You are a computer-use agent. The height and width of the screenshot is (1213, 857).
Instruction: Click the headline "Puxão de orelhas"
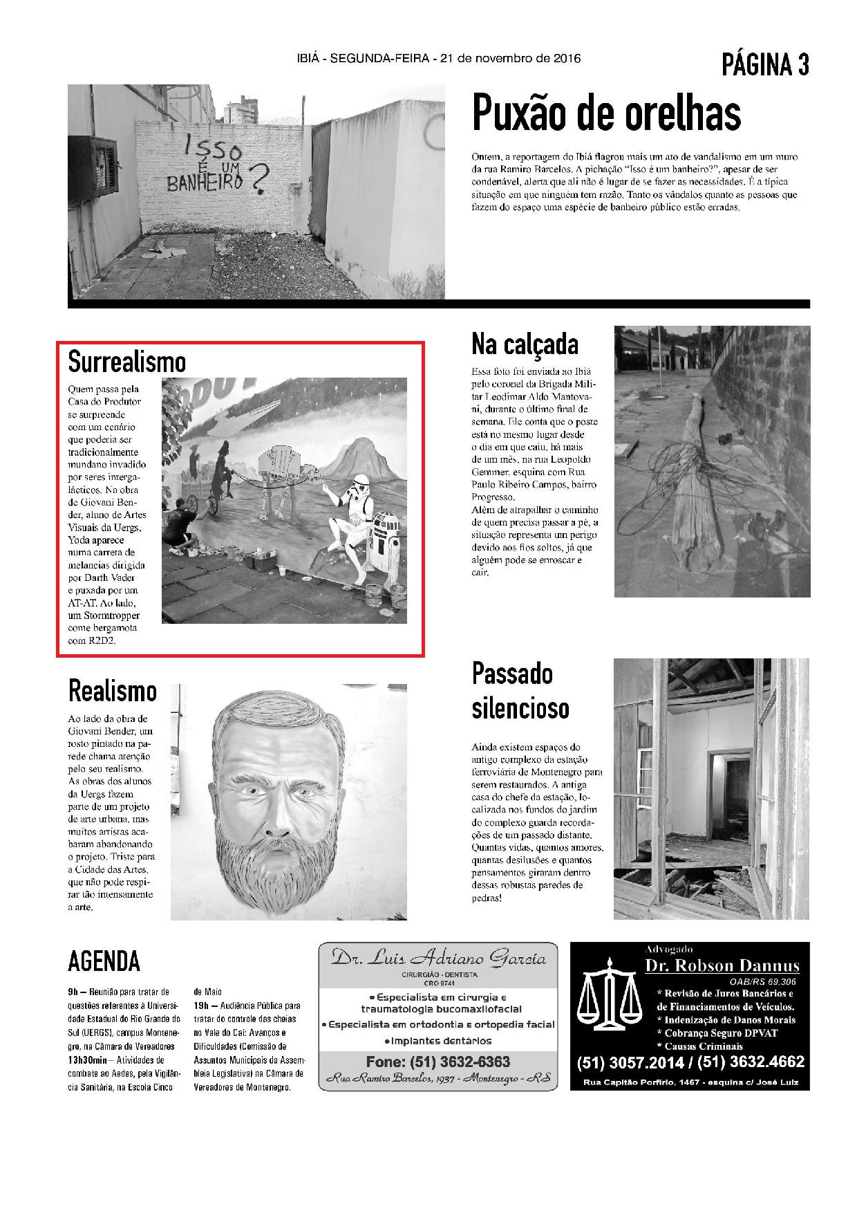606,114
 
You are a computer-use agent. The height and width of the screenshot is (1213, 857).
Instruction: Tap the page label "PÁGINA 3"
765,65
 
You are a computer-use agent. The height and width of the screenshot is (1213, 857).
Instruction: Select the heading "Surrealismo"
127,361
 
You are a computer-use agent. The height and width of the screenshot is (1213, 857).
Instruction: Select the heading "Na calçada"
525,344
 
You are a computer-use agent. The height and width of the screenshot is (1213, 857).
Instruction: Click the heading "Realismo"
113,691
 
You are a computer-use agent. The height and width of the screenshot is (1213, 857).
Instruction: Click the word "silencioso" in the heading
520,708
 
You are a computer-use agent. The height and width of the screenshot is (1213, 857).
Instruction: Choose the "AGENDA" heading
104,961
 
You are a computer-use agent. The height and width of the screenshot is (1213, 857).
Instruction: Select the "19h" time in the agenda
201,1006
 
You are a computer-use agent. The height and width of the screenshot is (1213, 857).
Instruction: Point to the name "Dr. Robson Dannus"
722,966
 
